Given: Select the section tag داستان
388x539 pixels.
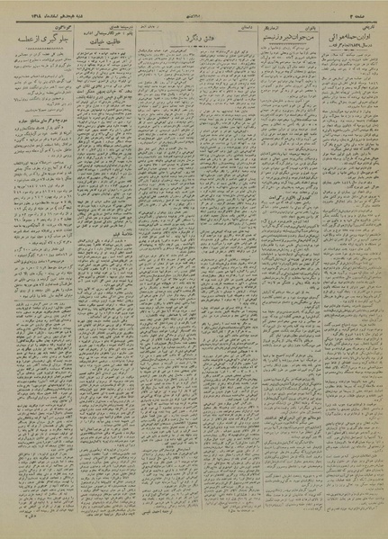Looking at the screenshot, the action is click(x=236, y=27).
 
